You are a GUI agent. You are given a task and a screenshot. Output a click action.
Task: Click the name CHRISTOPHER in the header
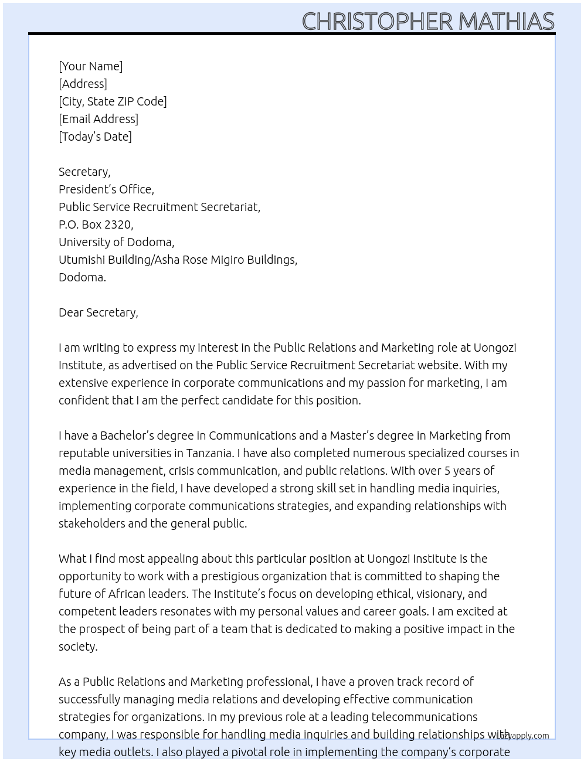377,22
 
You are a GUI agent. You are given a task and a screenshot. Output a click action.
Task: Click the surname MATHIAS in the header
506,22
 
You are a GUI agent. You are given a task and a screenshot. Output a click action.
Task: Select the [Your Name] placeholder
91,66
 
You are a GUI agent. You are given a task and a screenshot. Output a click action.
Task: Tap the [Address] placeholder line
83,84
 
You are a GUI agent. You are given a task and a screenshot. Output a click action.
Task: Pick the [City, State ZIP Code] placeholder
113,101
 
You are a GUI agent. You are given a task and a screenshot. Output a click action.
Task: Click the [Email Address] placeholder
99,119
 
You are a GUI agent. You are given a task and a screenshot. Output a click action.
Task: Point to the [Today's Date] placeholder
95,137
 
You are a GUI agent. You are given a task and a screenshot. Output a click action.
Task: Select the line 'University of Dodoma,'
116,242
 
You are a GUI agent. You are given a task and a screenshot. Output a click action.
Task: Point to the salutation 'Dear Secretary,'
99,312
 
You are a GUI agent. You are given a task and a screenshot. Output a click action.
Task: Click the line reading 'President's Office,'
106,189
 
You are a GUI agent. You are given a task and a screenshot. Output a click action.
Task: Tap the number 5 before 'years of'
447,471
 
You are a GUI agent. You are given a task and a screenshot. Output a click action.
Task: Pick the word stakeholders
91,523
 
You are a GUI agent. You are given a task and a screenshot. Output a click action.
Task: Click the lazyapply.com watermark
523,736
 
